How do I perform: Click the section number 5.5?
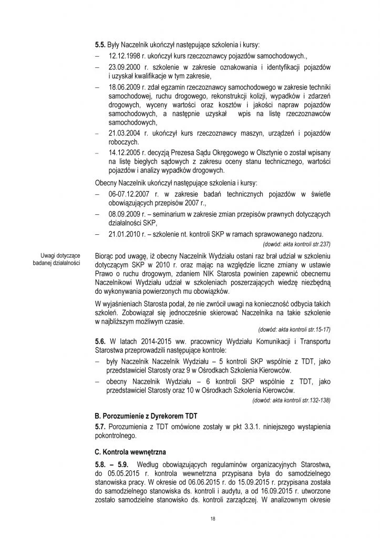(x=100, y=45)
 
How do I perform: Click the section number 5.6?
(x=100, y=342)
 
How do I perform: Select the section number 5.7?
(x=100, y=426)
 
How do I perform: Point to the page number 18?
(x=212, y=518)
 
